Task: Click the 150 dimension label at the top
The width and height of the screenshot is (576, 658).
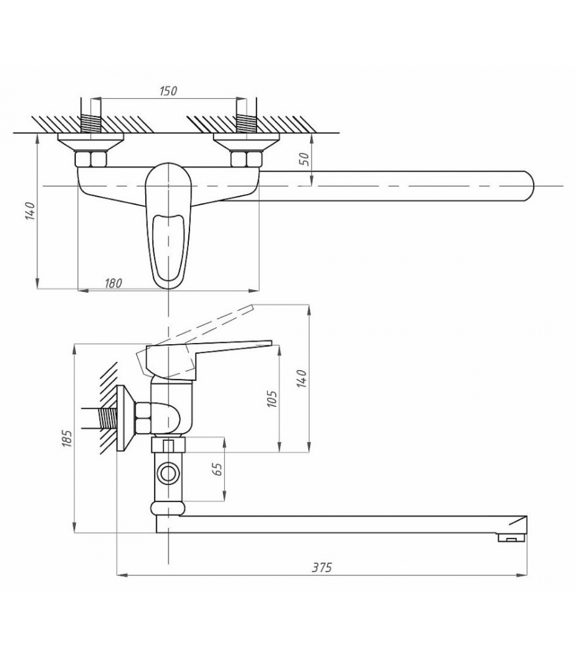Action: point(168,91)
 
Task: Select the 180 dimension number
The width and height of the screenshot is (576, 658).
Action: point(113,283)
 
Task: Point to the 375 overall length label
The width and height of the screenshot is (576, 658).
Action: point(322,568)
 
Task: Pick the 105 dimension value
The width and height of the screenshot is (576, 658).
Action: point(272,399)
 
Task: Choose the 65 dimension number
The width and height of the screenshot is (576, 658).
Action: point(218,469)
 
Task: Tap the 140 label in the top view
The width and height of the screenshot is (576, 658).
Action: point(30,211)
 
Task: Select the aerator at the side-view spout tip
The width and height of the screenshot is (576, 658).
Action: point(511,538)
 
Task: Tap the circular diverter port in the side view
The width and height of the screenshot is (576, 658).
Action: point(168,474)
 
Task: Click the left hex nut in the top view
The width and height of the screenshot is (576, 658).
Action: point(91,159)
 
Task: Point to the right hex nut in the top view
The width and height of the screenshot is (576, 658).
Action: point(246,159)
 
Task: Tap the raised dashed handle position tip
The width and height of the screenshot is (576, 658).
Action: point(252,306)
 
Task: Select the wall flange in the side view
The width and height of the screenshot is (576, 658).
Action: point(125,418)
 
